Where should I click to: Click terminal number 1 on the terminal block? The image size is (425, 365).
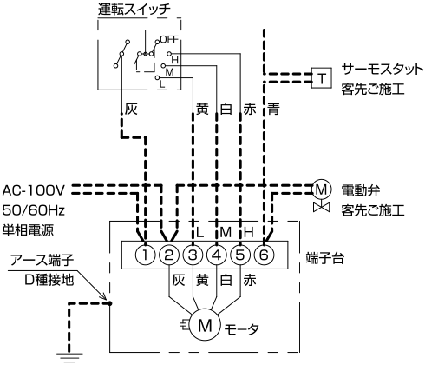145,255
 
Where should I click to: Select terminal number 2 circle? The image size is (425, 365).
169,255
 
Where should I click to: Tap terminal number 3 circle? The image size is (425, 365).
193,255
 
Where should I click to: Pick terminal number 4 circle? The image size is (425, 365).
217,255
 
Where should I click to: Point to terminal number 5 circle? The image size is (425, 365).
240,255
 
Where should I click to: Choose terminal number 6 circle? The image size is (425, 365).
264,255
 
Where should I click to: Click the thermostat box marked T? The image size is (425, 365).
322,78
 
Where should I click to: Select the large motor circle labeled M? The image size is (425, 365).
205,325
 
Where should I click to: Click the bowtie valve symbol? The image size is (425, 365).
322,207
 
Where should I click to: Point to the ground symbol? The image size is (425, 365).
69,357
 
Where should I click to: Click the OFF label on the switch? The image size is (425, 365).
169,39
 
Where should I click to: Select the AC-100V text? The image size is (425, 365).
33,190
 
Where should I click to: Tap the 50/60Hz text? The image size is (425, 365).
33,210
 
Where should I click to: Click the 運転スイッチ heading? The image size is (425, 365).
134,10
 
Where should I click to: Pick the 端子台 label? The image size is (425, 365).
325,258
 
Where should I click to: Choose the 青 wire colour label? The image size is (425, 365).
273,109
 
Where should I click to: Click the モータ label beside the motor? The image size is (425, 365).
242,329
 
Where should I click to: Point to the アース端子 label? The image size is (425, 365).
42,260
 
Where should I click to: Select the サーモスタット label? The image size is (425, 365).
382,70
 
